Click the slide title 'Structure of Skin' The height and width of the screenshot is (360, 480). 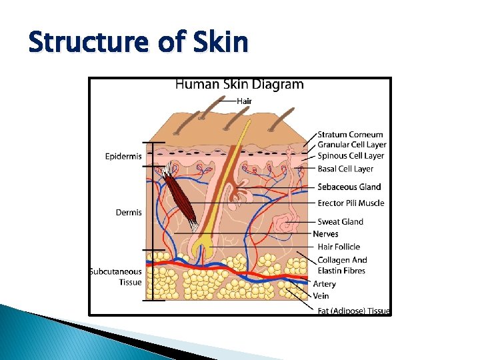point(138,43)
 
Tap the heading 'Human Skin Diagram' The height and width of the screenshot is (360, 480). point(239,85)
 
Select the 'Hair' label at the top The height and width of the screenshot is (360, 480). point(244,101)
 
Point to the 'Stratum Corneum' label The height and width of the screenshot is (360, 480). point(350,135)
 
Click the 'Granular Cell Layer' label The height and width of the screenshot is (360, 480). point(352,145)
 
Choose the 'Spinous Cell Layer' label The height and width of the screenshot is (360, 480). point(351,155)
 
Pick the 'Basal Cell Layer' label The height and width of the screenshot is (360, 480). point(345,169)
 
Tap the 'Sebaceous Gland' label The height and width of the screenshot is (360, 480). point(349,187)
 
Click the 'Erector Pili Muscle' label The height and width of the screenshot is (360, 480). point(351,203)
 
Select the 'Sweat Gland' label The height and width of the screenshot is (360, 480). point(340,221)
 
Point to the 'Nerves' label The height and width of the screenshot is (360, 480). point(325,234)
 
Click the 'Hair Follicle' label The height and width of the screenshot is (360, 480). point(339,247)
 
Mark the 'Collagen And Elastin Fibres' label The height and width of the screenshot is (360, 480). point(342,265)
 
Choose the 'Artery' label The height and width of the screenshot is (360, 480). point(325,284)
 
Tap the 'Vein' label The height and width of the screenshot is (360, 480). point(321,295)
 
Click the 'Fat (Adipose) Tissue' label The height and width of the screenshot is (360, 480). point(353,311)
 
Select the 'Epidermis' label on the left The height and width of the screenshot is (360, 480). point(123,157)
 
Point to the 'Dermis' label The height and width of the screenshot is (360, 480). point(129,213)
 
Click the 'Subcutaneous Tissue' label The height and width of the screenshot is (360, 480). point(116,277)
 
